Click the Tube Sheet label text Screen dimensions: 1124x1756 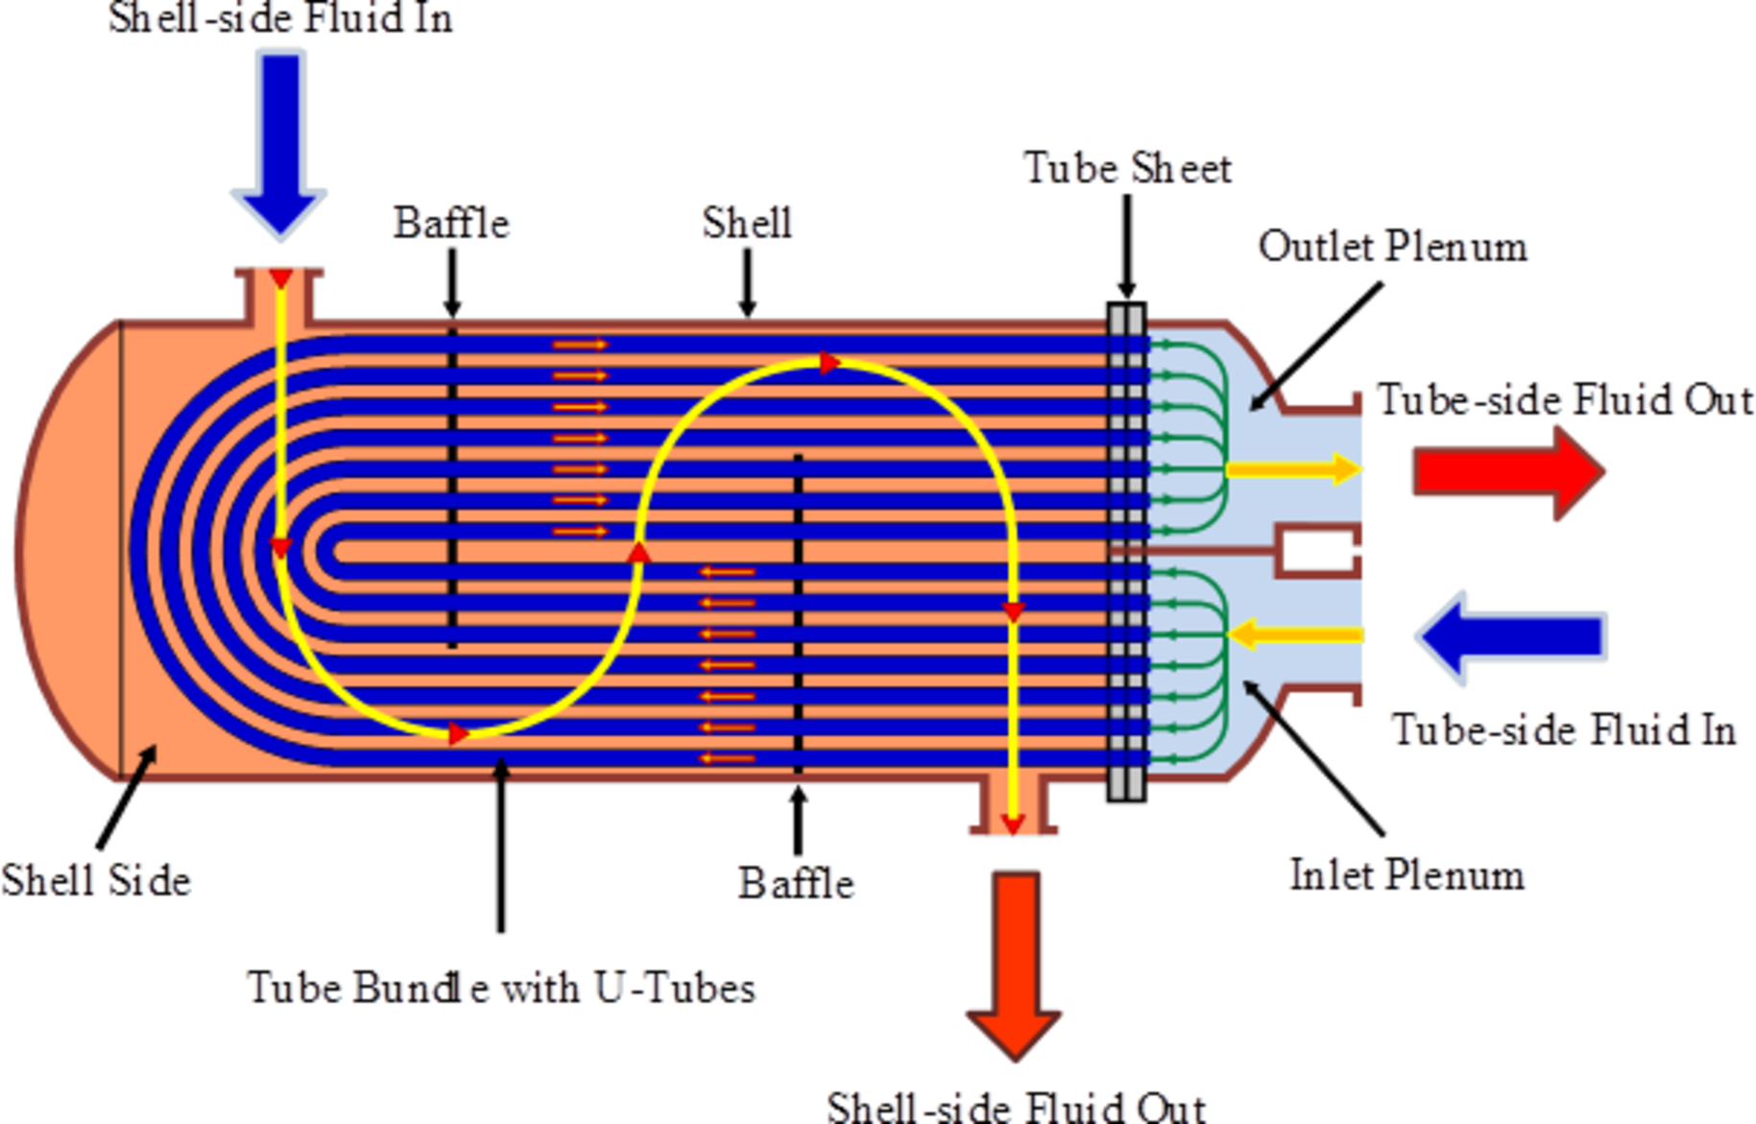tap(1127, 169)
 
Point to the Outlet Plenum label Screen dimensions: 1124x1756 tap(1392, 248)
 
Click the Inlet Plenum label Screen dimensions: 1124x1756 tap(1407, 875)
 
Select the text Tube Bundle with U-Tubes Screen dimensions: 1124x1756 tap(501, 988)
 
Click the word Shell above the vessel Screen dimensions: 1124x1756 tap(747, 224)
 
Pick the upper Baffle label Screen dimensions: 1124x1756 tap(451, 224)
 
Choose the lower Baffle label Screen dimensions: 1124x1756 tap(796, 884)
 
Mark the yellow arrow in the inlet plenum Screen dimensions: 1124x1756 tap(1296, 634)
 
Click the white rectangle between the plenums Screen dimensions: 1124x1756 tap(1318, 552)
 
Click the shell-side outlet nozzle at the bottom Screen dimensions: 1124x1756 tap(1013, 806)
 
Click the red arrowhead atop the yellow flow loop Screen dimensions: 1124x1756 tap(830, 364)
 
